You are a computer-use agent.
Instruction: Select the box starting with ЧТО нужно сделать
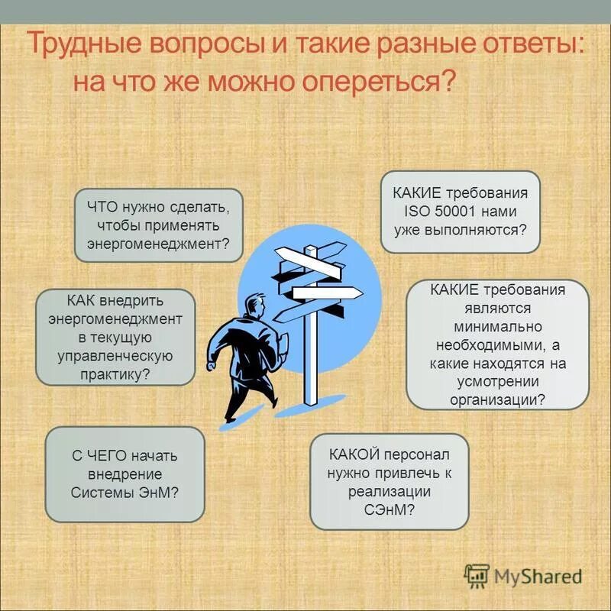(x=159, y=225)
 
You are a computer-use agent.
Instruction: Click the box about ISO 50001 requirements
(x=461, y=212)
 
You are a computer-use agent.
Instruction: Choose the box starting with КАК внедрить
(x=115, y=337)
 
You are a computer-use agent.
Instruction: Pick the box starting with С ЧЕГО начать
(x=125, y=474)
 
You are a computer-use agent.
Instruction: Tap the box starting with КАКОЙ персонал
(x=390, y=481)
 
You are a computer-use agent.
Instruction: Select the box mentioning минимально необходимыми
(x=497, y=344)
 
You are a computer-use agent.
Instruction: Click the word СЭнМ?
(x=390, y=509)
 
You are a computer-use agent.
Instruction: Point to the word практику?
(x=115, y=374)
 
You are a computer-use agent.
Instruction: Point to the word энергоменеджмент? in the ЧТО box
(x=159, y=244)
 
